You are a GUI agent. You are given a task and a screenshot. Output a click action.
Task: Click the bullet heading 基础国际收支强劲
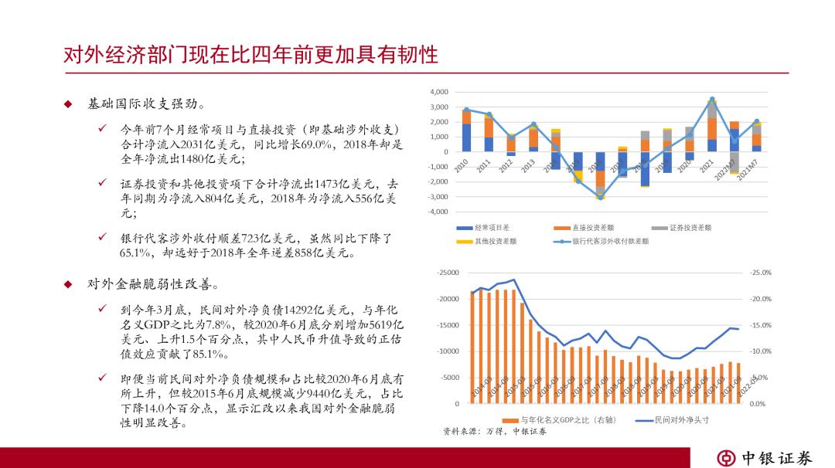point(146,103)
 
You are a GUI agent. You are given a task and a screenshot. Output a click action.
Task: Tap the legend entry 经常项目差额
point(491,228)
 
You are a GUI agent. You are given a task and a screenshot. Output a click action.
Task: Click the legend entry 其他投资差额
point(491,241)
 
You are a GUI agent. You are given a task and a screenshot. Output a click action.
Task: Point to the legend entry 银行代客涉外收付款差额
point(610,241)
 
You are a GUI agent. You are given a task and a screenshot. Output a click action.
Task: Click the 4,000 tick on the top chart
point(438,93)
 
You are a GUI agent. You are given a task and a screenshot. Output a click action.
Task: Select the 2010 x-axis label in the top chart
point(462,166)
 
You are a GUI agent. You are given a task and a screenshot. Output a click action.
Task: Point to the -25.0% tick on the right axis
point(761,273)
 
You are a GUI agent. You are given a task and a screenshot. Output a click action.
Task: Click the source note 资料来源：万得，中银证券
point(494,432)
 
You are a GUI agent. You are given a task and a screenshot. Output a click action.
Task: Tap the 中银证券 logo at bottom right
point(765,457)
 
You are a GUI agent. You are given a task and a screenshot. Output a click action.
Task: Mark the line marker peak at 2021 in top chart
point(712,100)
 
